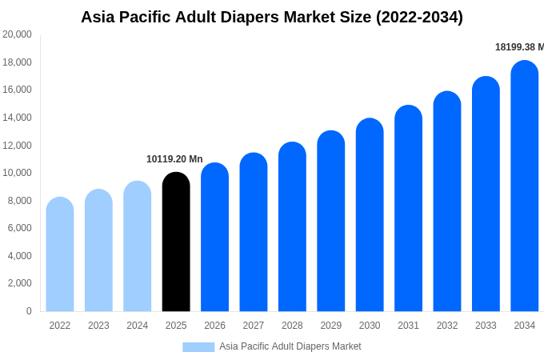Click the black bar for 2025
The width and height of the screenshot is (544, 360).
(176, 242)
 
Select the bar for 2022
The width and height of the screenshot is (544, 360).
(60, 254)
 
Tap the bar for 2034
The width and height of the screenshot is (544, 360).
(525, 186)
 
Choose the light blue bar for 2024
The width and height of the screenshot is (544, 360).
(138, 246)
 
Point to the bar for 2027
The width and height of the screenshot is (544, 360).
(254, 232)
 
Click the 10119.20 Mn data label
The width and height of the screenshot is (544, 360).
(174, 159)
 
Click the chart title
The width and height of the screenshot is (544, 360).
(272, 17)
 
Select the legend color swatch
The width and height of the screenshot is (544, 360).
(198, 346)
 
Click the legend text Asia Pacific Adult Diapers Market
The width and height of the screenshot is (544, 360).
(290, 346)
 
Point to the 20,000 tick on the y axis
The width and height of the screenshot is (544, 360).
(18, 34)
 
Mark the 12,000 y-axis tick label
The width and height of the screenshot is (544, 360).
(18, 145)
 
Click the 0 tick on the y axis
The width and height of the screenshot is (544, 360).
(29, 310)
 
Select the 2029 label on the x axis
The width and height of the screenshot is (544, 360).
(331, 326)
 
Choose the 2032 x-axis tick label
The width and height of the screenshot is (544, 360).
(447, 326)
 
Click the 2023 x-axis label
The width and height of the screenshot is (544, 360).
(98, 326)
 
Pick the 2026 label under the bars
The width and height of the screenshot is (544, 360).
(214, 326)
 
